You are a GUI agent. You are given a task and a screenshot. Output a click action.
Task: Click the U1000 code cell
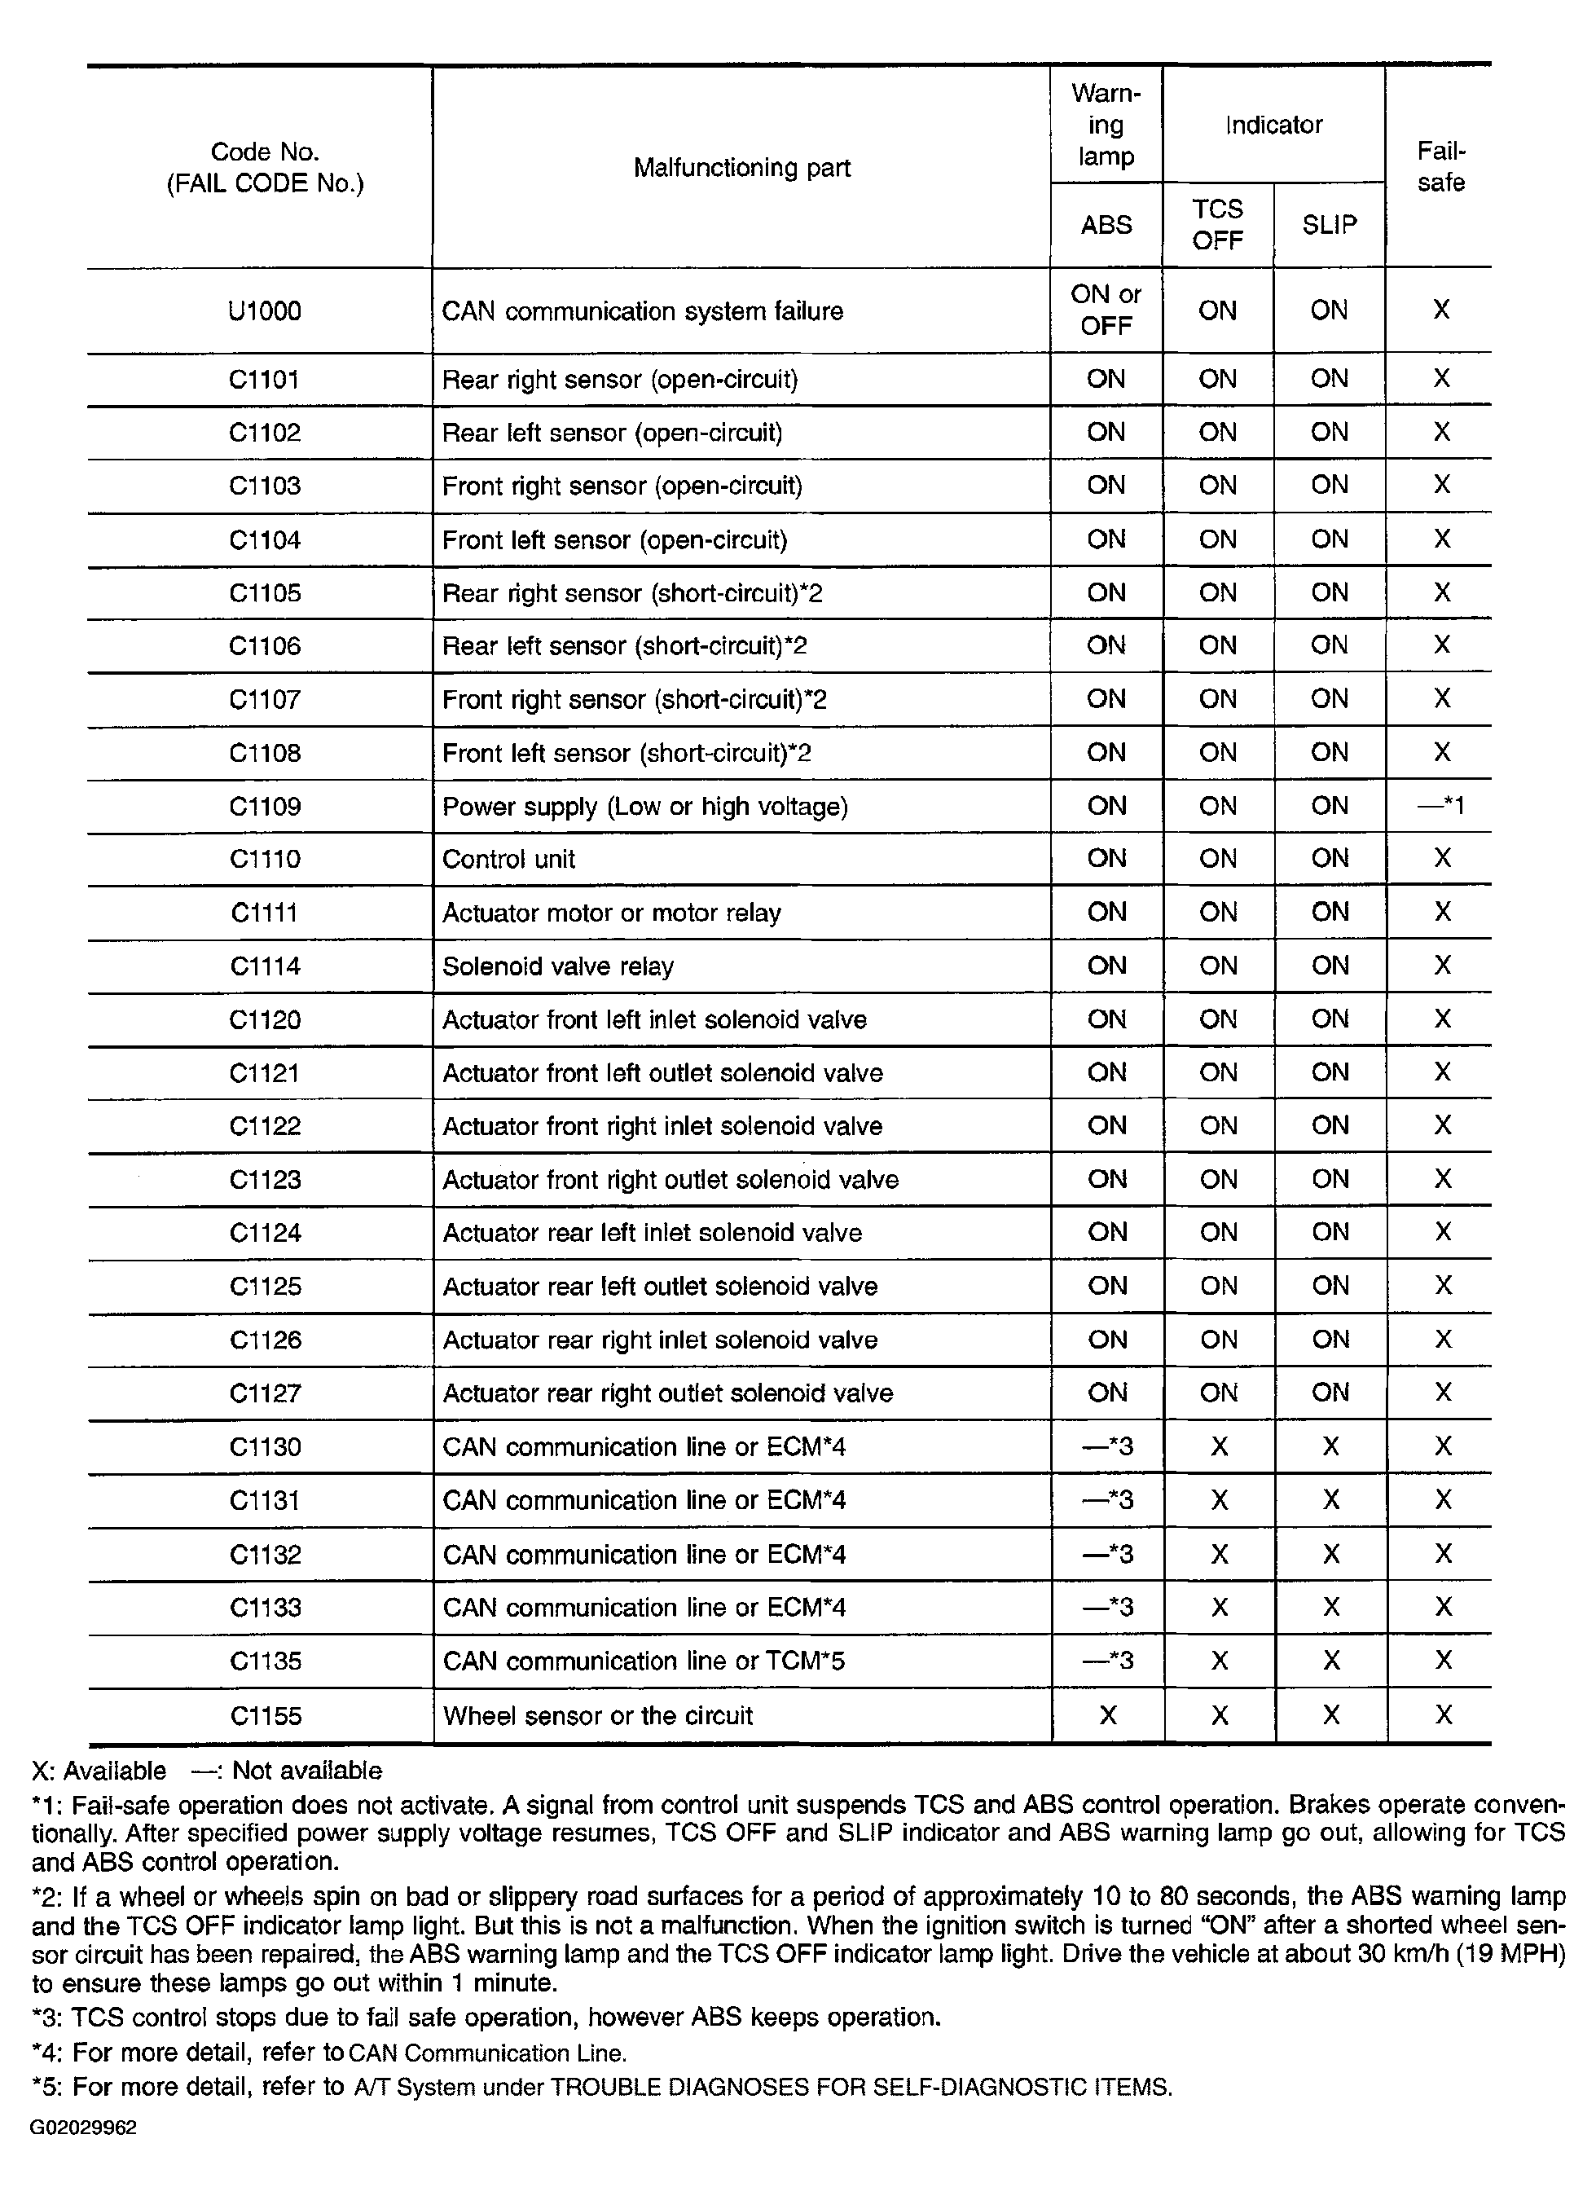click(x=264, y=310)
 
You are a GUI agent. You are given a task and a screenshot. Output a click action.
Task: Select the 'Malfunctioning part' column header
click(x=741, y=168)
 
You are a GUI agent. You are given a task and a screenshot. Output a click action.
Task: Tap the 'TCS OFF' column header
click(x=1216, y=225)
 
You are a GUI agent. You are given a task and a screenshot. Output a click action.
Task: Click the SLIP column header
click(x=1329, y=225)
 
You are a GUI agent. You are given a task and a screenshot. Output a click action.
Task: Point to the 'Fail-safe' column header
click(x=1440, y=166)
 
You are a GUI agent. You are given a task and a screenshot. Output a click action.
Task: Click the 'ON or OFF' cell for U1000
click(x=1106, y=310)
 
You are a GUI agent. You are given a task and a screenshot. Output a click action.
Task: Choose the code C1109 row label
click(x=264, y=807)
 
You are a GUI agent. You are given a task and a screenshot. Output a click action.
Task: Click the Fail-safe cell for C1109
click(x=1440, y=806)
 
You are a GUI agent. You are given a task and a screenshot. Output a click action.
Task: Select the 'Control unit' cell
click(x=508, y=859)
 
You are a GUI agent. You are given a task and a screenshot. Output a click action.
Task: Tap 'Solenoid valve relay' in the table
click(x=557, y=966)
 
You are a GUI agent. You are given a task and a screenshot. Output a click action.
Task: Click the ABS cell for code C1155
click(x=1107, y=1716)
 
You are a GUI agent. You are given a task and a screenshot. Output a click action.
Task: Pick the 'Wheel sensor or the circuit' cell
click(x=597, y=1716)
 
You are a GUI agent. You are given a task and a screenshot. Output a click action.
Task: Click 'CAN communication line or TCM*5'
click(x=644, y=1661)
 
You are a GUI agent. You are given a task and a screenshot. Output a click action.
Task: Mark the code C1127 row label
click(x=264, y=1393)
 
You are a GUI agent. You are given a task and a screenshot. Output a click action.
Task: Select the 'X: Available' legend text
click(x=99, y=1771)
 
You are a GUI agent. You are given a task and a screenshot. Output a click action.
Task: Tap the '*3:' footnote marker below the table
click(x=47, y=2018)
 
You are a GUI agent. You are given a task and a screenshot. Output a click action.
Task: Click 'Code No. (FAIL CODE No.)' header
click(x=264, y=168)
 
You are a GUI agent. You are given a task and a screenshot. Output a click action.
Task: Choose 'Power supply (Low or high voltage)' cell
click(x=644, y=807)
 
